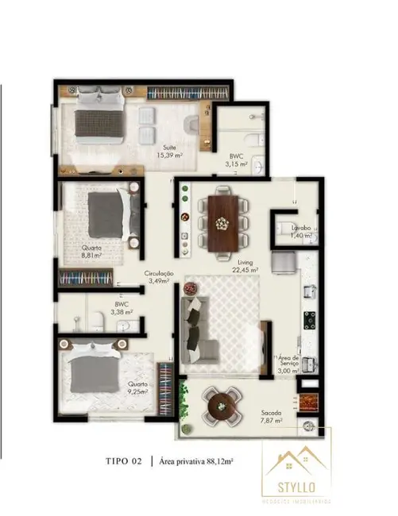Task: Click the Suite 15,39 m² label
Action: [170, 151]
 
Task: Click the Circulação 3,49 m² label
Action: [159, 276]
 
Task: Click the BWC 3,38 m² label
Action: [122, 308]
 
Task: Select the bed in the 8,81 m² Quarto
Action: [106, 211]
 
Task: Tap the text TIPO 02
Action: [125, 460]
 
